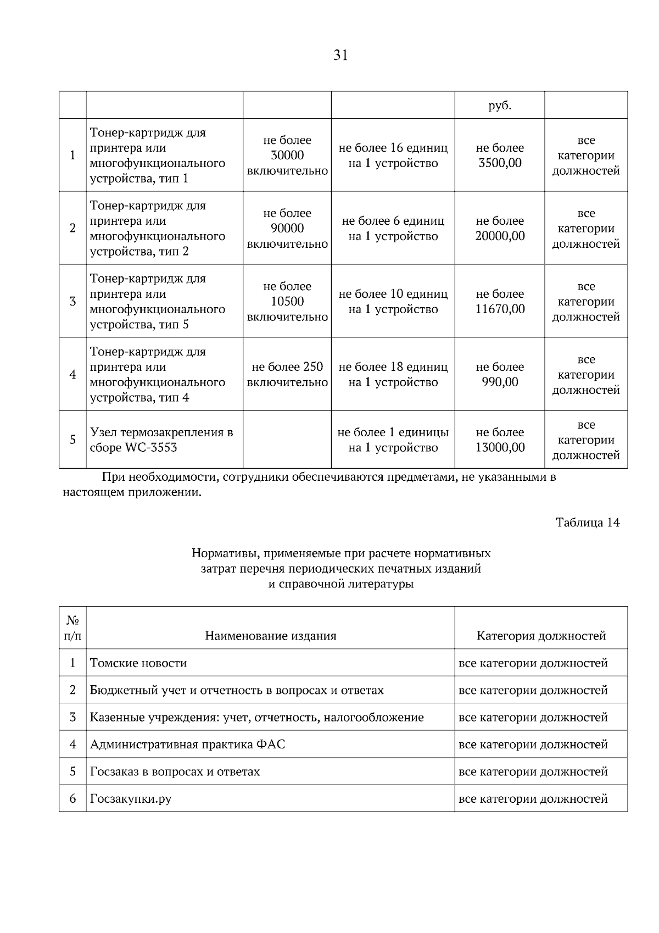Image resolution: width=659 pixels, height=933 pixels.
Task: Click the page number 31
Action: pos(340,55)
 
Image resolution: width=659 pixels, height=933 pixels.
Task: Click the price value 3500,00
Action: pos(500,163)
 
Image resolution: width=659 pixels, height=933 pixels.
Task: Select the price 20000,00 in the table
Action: pos(500,236)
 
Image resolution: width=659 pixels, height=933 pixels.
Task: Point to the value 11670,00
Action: pos(500,309)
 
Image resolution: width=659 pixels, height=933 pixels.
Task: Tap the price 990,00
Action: pos(500,382)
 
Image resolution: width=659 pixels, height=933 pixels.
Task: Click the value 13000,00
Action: pos(500,448)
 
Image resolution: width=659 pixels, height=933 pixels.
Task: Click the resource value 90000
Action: pos(287,229)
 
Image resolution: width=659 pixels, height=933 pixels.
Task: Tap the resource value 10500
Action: pos(287,302)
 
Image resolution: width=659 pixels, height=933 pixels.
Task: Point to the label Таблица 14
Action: pos(588,523)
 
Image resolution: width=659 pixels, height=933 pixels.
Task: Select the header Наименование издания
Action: pos(270,636)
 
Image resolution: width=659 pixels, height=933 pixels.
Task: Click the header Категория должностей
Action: pos(541,636)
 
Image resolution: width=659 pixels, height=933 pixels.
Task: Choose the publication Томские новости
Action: pos(138,663)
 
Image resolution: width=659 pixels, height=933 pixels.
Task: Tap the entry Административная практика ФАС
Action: pos(187,745)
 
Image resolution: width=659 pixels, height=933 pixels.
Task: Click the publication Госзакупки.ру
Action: pos(131,799)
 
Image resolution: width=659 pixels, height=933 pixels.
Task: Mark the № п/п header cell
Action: pos(72,628)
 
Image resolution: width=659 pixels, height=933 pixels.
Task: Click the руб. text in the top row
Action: pos(500,105)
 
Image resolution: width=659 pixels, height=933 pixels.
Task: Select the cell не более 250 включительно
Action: pos(287,375)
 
